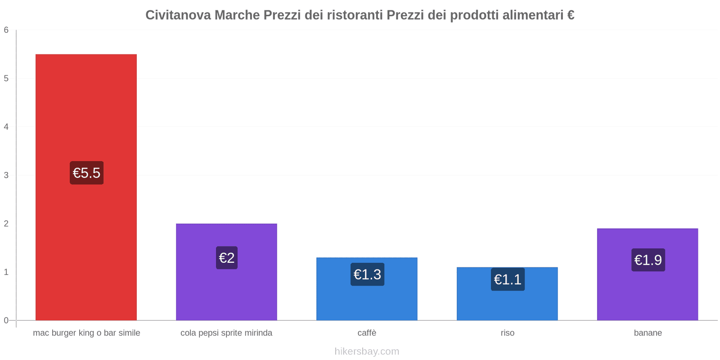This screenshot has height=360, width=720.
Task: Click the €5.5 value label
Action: (86, 173)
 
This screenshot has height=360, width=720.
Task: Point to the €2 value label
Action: (226, 258)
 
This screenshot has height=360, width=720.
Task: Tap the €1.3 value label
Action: (367, 274)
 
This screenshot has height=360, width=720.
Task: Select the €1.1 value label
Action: (508, 279)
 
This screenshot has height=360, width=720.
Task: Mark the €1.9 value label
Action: (648, 260)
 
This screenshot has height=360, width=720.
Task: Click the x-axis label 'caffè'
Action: (367, 333)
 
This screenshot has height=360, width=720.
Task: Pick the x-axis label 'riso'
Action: (507, 333)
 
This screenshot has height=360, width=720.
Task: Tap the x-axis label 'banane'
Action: (648, 333)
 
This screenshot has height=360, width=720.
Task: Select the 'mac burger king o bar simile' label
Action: (86, 333)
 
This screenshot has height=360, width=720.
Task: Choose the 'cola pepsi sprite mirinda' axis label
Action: (226, 333)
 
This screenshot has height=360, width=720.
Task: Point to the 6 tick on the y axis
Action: (6, 30)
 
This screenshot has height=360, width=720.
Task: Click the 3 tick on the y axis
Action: (6, 175)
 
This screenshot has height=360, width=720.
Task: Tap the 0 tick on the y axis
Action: (6, 320)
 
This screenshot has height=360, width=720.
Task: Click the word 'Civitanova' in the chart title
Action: (178, 15)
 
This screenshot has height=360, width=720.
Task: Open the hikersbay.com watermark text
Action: (367, 351)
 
